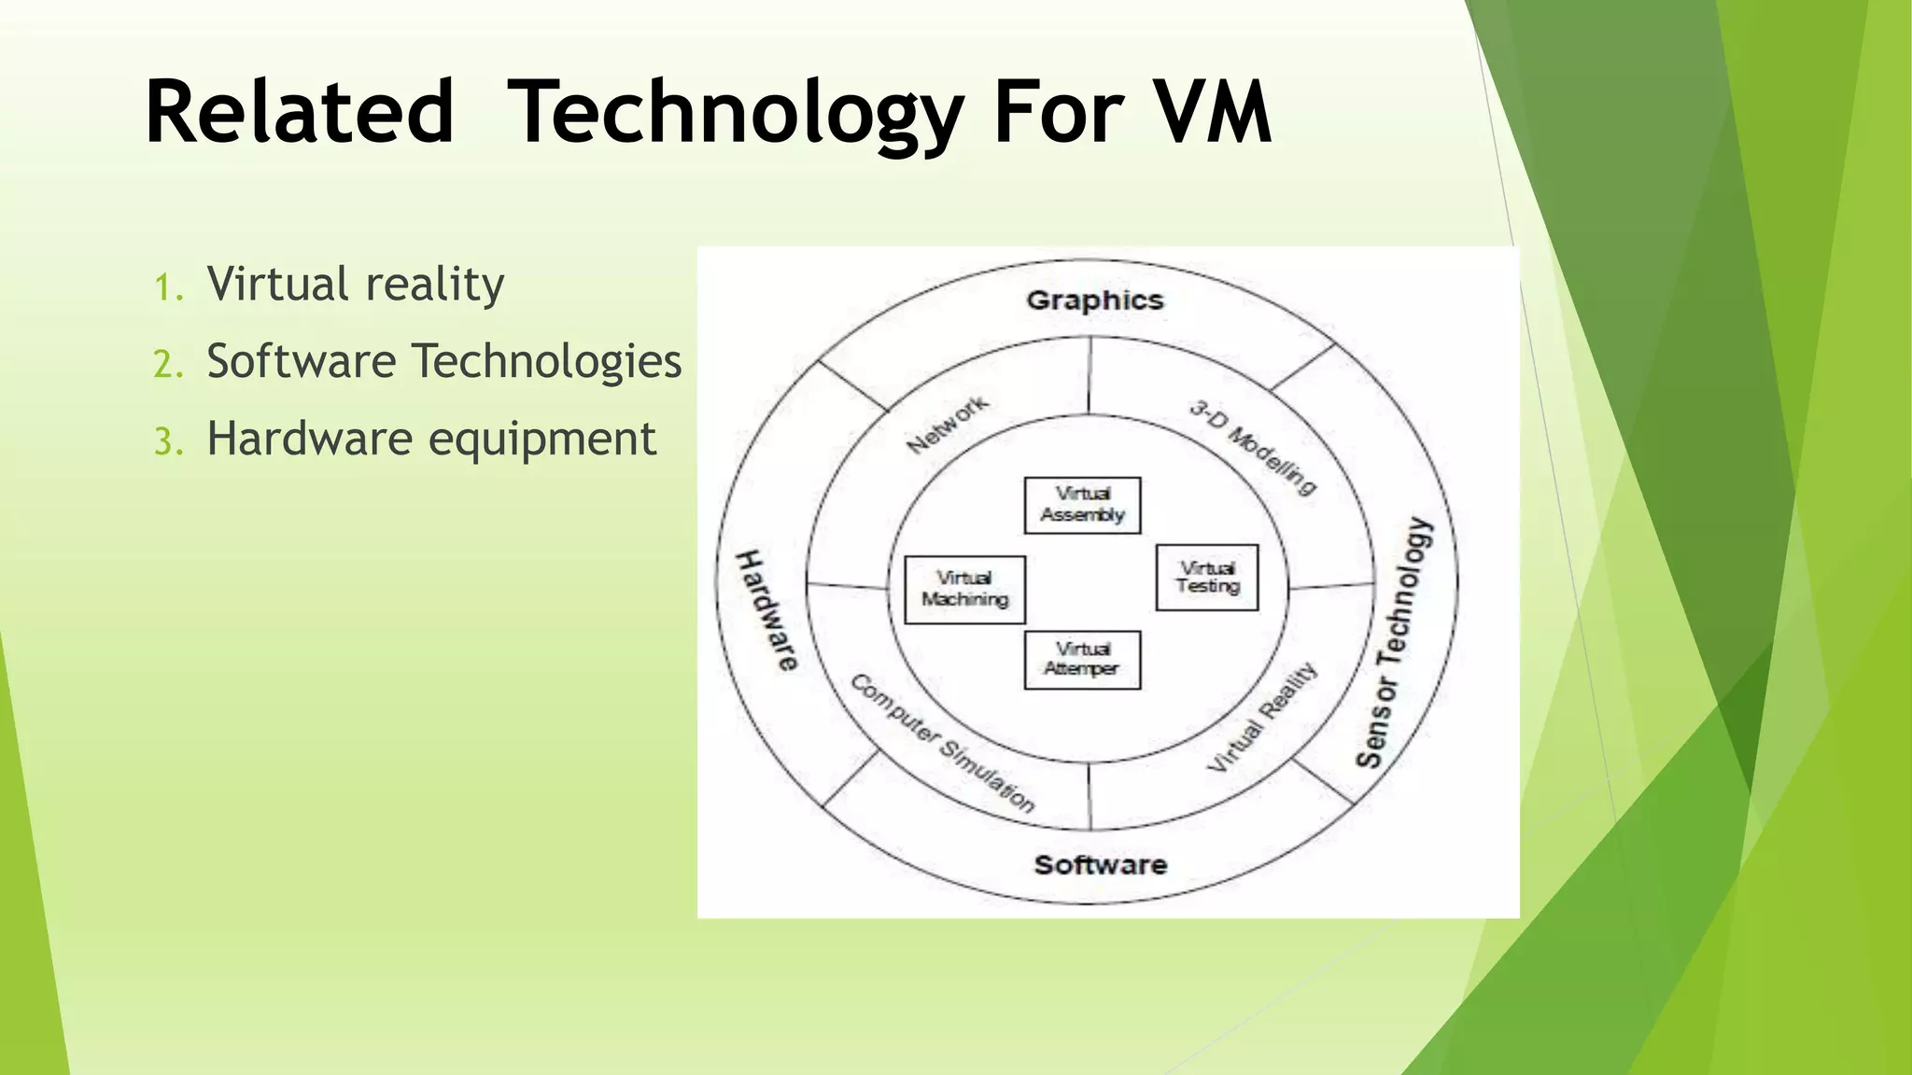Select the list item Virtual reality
point(355,284)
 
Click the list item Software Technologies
point(443,361)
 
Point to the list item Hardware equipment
point(431,439)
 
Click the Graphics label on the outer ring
point(1094,300)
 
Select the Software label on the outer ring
point(1100,865)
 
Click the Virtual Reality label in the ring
point(1262,718)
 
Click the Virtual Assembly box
point(1082,505)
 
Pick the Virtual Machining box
point(964,589)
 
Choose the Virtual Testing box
point(1207,578)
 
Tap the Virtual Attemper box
point(1082,660)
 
